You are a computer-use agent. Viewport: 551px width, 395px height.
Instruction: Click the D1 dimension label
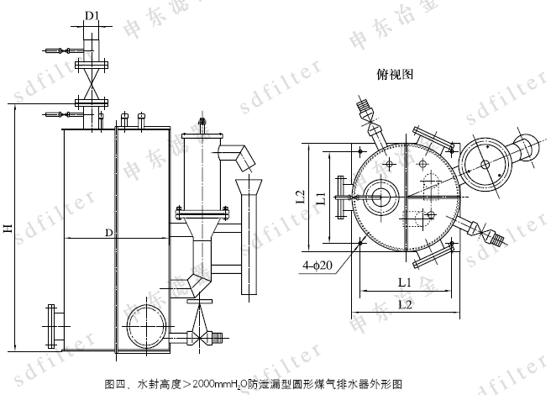(93, 14)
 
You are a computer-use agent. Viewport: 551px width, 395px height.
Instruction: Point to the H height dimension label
(8, 227)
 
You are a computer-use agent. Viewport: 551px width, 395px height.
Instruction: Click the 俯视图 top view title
(394, 74)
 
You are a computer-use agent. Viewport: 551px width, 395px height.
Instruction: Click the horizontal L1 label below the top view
(403, 281)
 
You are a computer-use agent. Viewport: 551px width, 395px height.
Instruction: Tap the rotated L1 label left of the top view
(322, 199)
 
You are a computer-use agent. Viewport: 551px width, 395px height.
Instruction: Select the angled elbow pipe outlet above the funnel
(236, 155)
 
